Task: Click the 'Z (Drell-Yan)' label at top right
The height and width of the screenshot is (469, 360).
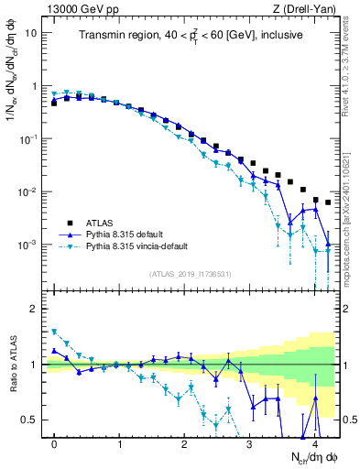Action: coord(308,8)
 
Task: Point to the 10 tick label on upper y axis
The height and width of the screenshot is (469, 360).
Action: coord(31,33)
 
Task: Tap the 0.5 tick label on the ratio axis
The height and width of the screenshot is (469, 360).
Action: coord(29,420)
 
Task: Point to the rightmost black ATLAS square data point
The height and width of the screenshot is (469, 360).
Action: coord(328,202)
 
